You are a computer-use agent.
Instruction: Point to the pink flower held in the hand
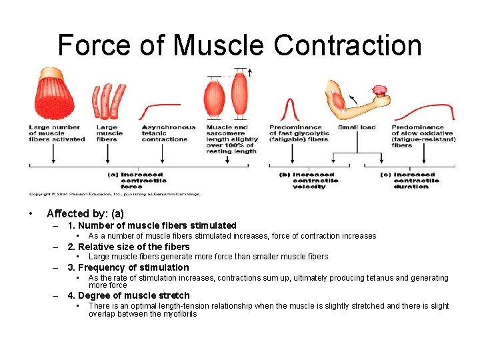click(x=381, y=93)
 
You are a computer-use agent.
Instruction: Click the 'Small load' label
click(x=357, y=127)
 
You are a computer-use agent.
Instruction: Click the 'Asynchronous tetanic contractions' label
click(x=168, y=133)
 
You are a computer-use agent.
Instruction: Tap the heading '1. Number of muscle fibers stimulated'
click(x=152, y=225)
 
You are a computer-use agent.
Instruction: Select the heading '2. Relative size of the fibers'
click(x=129, y=247)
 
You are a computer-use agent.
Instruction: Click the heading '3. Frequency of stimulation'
click(x=128, y=267)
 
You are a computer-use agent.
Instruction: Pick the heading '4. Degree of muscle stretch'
click(x=129, y=295)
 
